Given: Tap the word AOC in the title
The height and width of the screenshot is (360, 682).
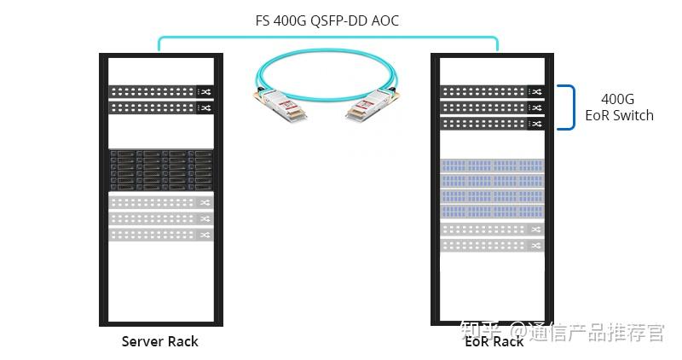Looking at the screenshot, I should pos(385,20).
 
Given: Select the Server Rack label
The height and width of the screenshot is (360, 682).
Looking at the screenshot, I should pos(159,341).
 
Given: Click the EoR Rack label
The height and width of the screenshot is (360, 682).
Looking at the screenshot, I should pos(494,341).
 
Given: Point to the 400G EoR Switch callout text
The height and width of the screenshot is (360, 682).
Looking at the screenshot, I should pos(618,107).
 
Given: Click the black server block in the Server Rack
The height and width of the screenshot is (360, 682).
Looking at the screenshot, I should pos(160,170).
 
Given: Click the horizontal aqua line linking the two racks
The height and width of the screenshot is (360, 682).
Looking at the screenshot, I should pos(328,38).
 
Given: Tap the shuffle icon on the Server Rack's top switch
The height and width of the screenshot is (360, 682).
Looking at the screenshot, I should pos(205,92).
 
